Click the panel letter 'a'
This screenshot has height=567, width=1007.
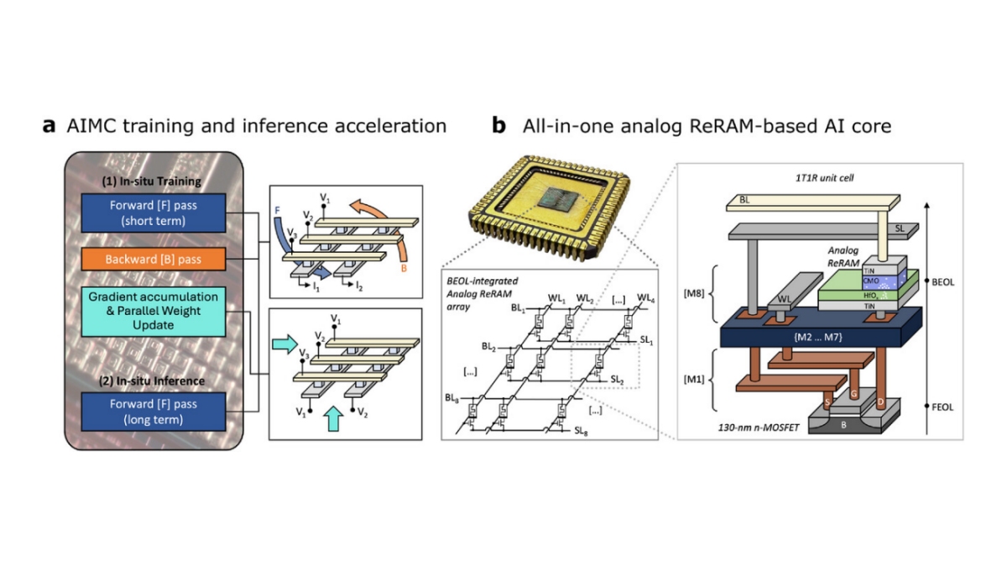tap(50, 127)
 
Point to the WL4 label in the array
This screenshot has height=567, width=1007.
tap(645, 298)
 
